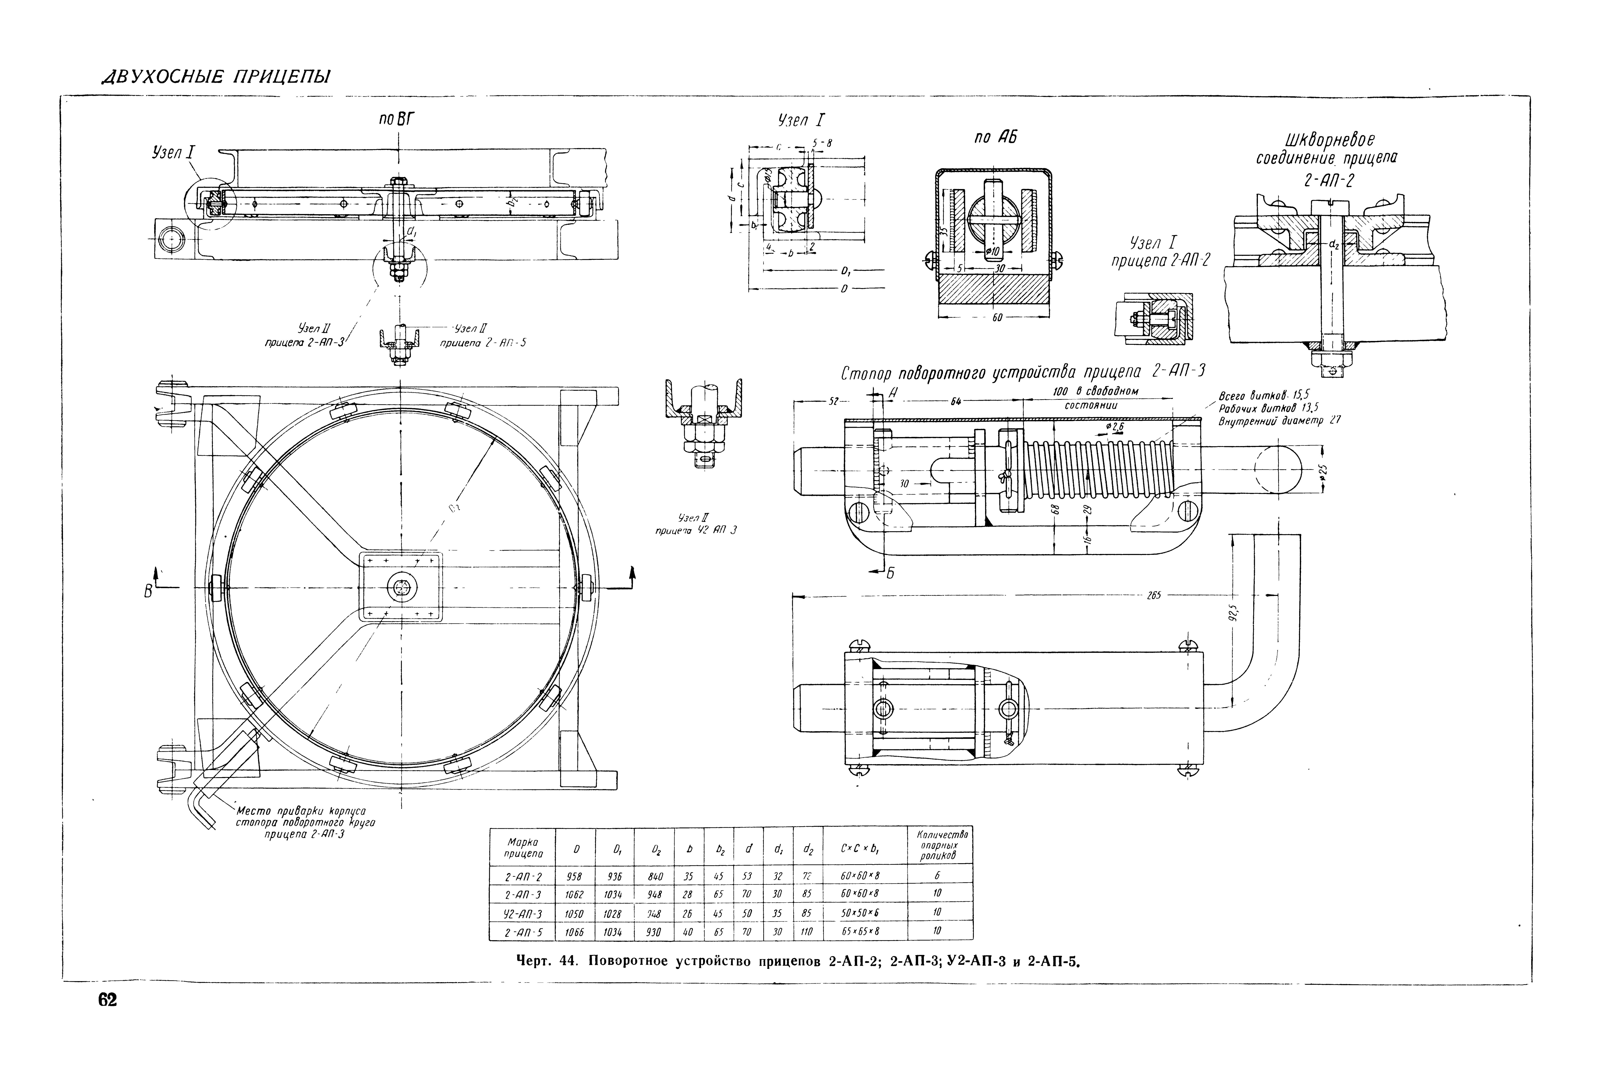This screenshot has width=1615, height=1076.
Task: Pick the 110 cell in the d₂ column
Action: (x=807, y=931)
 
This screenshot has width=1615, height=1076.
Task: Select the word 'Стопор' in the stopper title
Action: (x=866, y=375)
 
